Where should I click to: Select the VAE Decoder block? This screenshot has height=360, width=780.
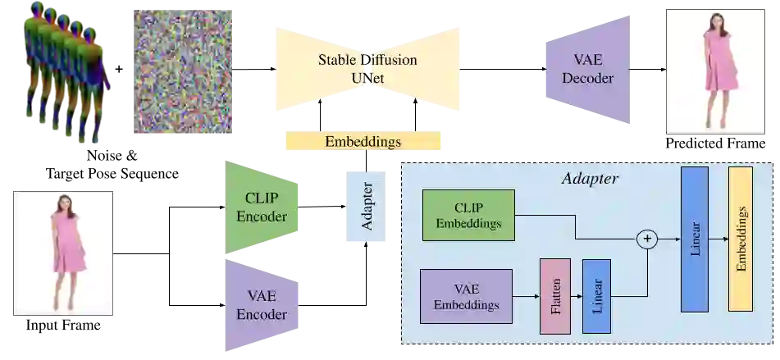coord(587,69)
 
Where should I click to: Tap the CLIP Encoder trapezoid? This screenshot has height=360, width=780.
coord(262,207)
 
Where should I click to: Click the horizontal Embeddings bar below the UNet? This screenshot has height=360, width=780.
coord(363,141)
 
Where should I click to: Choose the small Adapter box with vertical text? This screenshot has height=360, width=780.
coord(364,207)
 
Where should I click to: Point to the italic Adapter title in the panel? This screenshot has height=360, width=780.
coord(589,178)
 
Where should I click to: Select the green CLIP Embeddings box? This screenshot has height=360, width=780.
coord(468,215)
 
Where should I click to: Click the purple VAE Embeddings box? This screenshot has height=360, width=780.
coord(466,296)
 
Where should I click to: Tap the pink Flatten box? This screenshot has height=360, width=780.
coord(554,296)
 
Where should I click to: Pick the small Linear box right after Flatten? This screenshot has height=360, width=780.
coord(596,296)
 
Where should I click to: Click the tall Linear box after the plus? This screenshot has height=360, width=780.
coord(695,239)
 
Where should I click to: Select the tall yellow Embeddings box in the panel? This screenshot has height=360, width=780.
coord(741,239)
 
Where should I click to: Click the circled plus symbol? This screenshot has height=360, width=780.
coord(648,239)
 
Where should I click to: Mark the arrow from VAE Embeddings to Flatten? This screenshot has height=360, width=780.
coord(526,296)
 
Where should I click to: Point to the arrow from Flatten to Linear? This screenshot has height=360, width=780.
coord(576,296)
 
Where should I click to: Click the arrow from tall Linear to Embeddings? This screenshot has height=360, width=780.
coord(718,239)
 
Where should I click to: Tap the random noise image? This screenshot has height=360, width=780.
coord(184,71)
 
